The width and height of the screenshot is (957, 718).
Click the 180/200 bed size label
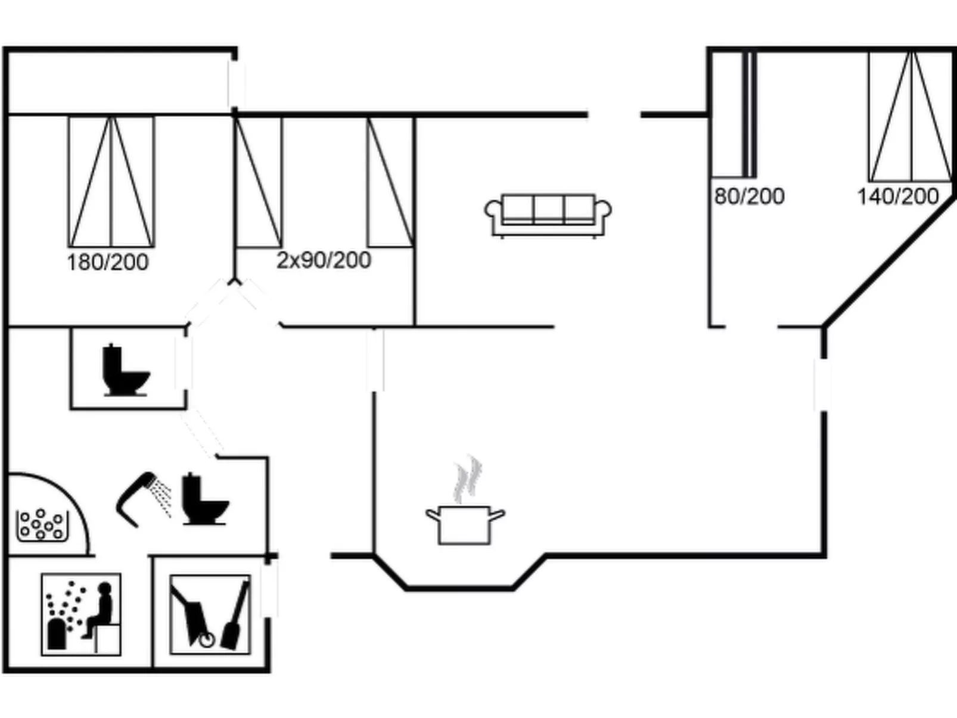click(107, 262)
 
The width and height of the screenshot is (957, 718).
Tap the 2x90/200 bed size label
click(324, 260)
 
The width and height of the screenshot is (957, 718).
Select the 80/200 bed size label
click(749, 196)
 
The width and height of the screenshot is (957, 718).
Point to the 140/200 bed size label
click(897, 196)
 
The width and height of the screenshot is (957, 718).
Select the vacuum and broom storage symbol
click(210, 614)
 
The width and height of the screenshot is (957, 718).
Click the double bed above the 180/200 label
click(111, 182)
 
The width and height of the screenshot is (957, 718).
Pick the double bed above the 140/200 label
click(911, 116)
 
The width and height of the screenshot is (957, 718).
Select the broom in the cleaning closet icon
click(236, 617)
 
